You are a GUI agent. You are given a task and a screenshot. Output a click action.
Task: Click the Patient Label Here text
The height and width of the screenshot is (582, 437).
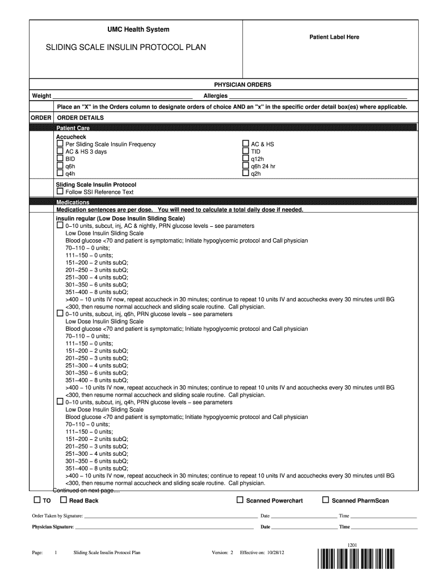[x=334, y=37]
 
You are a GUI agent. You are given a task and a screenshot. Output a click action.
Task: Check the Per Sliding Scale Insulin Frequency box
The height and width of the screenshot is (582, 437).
[x=60, y=144]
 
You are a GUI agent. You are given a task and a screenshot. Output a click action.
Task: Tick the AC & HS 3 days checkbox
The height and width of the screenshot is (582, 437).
[x=60, y=152]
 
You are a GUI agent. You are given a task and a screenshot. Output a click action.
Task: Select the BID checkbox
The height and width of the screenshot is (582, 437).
[x=60, y=159]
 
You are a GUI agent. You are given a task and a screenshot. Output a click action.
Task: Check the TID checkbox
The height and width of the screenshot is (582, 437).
[x=246, y=152]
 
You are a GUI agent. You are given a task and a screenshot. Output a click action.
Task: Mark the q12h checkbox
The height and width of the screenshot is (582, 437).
[x=246, y=159]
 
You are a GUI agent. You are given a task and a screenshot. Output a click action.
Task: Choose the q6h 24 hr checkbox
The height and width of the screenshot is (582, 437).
[x=246, y=167]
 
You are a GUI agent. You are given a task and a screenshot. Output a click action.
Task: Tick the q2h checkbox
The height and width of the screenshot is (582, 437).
[x=246, y=174]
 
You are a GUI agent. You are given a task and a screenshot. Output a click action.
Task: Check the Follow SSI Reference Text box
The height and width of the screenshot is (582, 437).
[x=60, y=192]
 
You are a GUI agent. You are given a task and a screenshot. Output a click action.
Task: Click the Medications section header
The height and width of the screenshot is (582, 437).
[x=73, y=202]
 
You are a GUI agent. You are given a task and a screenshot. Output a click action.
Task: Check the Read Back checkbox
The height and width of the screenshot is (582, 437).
[x=64, y=500]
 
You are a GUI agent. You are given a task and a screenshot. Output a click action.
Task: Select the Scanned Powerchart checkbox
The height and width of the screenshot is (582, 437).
[x=241, y=500]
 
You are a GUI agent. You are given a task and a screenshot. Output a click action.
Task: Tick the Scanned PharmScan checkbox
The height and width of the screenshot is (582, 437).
[x=326, y=500]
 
